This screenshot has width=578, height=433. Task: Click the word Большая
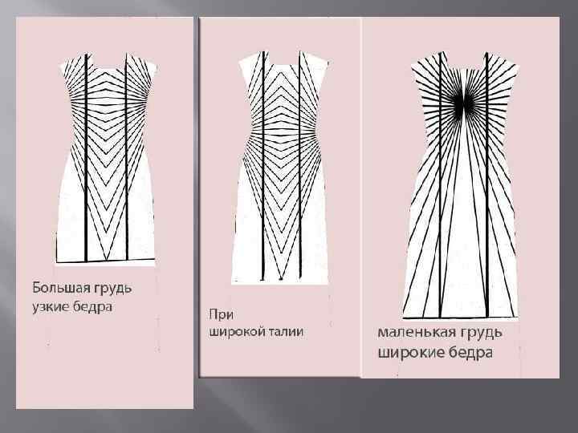point(60,286)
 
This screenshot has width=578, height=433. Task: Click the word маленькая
point(415,332)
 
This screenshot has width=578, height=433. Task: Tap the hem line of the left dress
point(107,261)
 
